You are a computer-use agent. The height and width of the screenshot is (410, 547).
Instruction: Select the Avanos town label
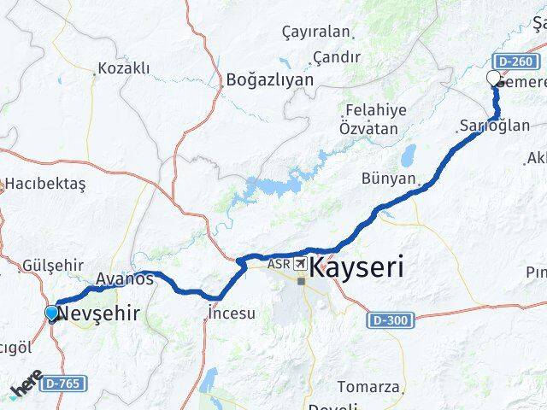tap(125, 278)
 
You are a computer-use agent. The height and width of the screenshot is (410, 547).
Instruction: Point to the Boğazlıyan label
tap(269, 80)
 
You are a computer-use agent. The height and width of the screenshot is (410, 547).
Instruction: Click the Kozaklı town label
tap(124, 67)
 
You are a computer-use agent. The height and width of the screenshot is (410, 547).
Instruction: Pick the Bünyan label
tap(389, 180)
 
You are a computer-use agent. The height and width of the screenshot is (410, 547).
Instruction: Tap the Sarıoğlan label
tap(483, 126)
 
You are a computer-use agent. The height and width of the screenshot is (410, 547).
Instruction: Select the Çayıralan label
tap(316, 32)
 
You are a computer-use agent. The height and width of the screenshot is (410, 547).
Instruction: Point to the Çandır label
tap(337, 56)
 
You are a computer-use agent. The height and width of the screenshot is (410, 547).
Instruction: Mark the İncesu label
tap(232, 313)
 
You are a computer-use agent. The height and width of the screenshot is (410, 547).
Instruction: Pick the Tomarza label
tap(368, 387)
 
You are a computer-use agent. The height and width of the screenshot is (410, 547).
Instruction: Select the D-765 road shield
tap(64, 384)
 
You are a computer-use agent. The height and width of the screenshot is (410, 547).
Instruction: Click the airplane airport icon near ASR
tap(301, 265)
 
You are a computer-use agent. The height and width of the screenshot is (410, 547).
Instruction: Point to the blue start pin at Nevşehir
tap(51, 313)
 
